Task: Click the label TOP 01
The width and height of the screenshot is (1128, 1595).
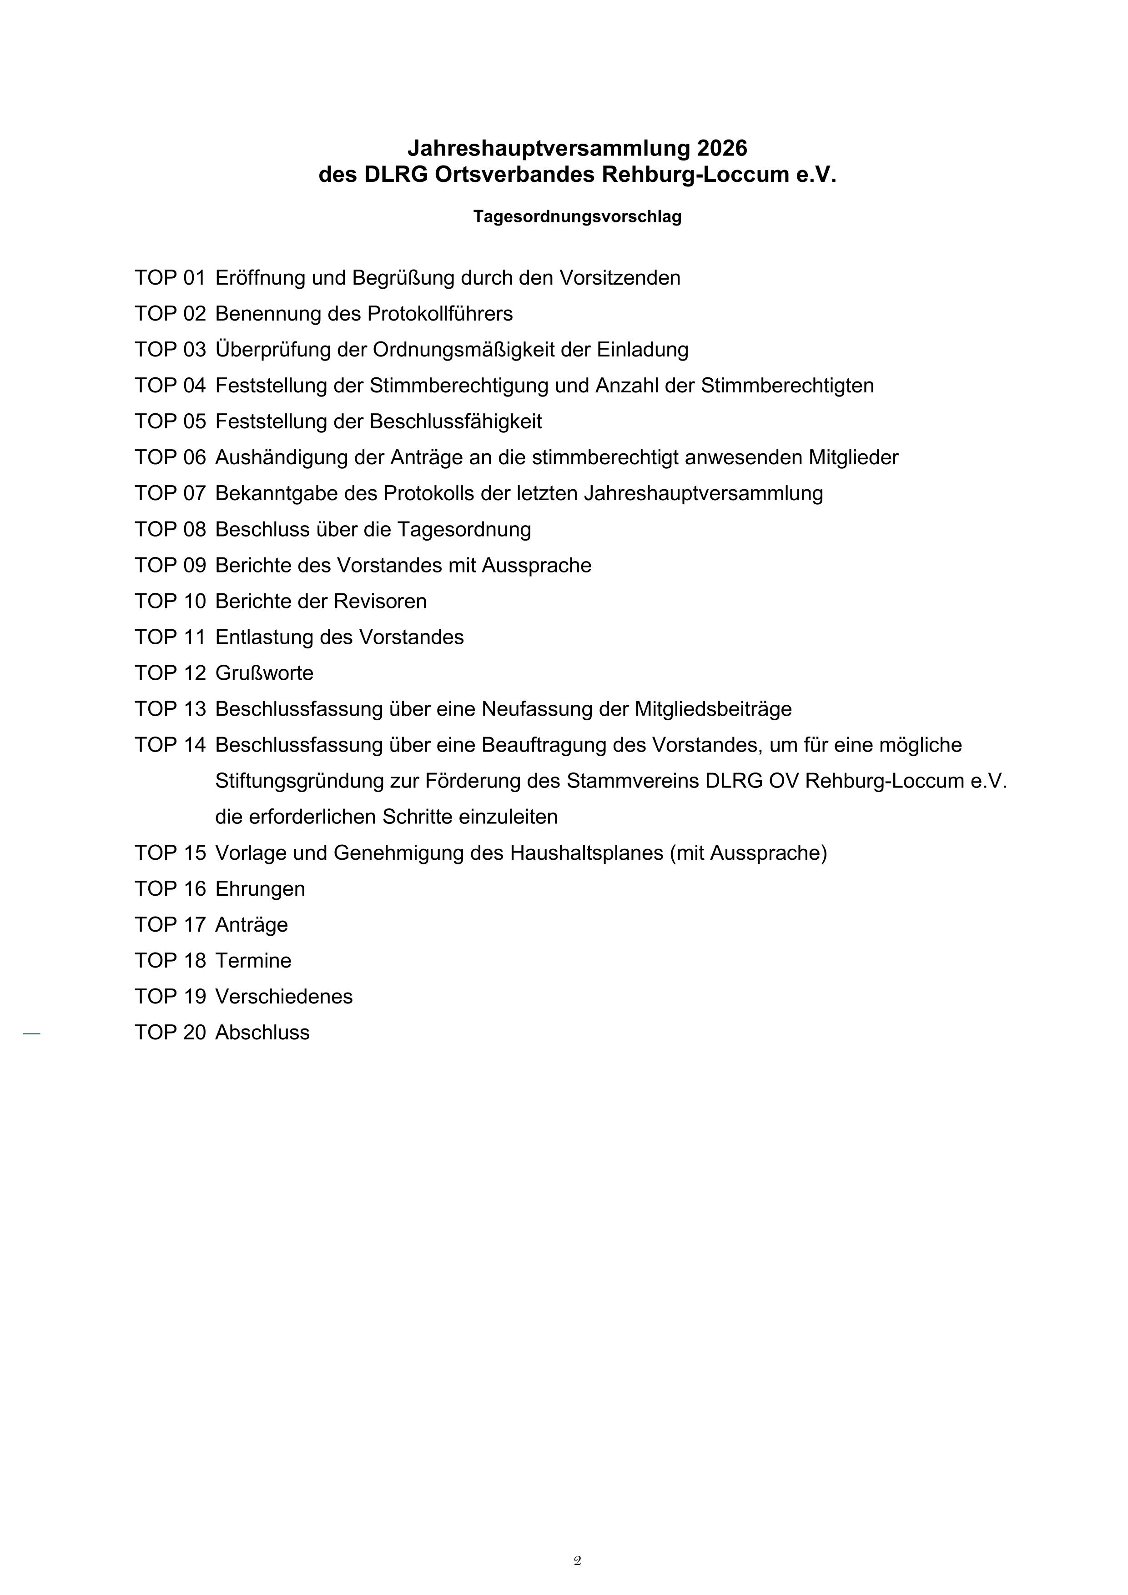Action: [170, 278]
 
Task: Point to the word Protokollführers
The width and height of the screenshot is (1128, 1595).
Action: [439, 314]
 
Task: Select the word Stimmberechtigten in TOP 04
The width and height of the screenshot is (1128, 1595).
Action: [787, 386]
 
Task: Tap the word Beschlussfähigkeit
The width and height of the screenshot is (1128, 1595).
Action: [455, 421]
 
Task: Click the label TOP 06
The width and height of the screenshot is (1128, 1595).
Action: [170, 458]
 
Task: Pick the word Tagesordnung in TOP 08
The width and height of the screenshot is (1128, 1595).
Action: [463, 529]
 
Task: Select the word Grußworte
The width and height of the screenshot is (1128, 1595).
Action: [264, 673]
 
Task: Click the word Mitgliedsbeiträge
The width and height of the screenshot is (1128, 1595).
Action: [713, 709]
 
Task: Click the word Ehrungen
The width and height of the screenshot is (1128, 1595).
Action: [260, 889]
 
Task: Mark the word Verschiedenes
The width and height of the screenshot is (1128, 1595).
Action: [283, 997]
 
